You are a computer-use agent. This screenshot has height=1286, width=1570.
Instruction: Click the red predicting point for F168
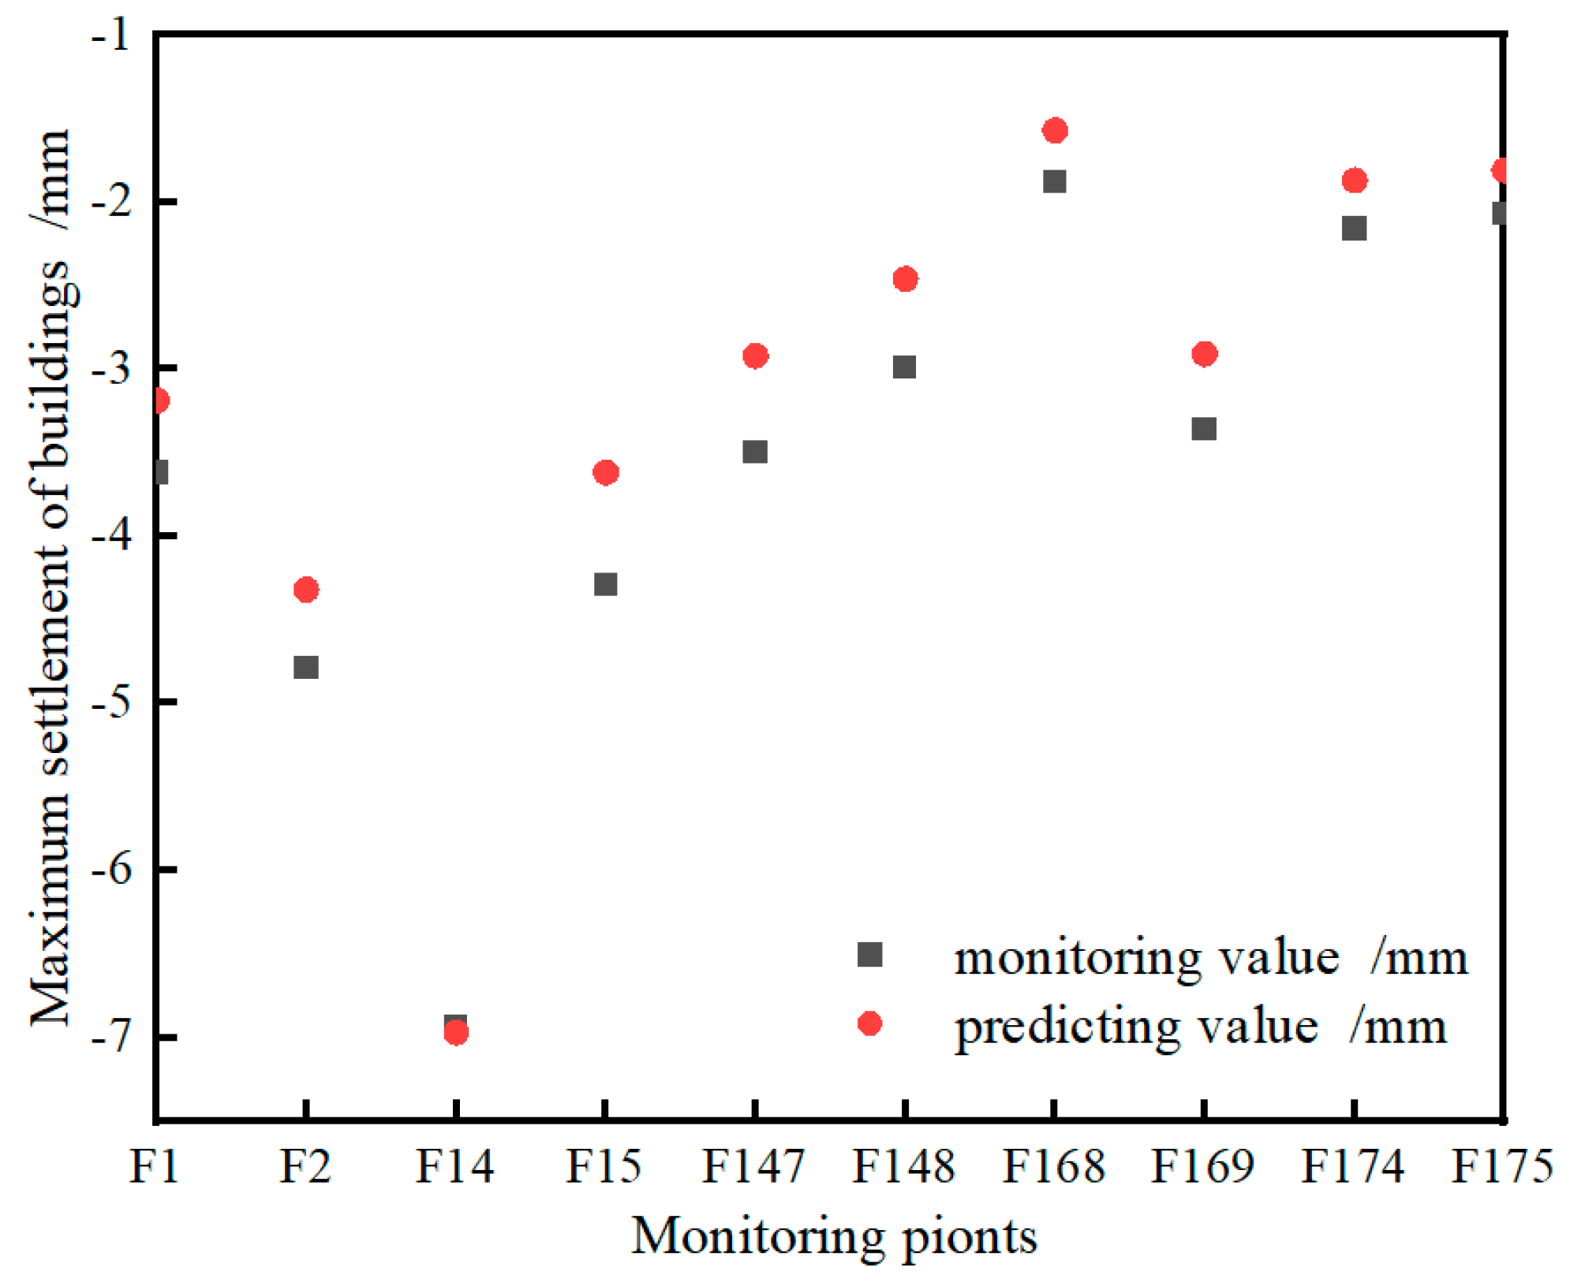1054,131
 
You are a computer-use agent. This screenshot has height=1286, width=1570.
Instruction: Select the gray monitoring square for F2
305,667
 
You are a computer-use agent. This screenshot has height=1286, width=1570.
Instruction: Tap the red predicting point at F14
456,1033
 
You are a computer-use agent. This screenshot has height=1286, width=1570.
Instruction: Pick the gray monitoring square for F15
605,584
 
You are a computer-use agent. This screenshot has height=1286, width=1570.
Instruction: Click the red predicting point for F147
755,356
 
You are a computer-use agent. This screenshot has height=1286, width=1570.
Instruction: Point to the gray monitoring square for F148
904,367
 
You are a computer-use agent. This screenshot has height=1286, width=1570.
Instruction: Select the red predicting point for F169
1204,354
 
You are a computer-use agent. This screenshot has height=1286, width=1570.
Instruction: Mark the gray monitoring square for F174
1354,229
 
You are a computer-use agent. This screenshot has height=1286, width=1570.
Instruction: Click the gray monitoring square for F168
1054,181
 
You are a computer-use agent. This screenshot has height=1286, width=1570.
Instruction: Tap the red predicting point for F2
305,590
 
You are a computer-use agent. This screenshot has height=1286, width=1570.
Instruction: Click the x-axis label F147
753,1167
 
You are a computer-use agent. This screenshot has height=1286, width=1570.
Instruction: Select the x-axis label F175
1501,1167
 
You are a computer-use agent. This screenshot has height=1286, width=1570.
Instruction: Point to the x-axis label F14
454,1167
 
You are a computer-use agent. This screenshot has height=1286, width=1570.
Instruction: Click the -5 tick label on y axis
111,702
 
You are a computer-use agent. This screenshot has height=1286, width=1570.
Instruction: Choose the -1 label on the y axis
111,35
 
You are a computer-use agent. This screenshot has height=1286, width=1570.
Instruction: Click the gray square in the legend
869,955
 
